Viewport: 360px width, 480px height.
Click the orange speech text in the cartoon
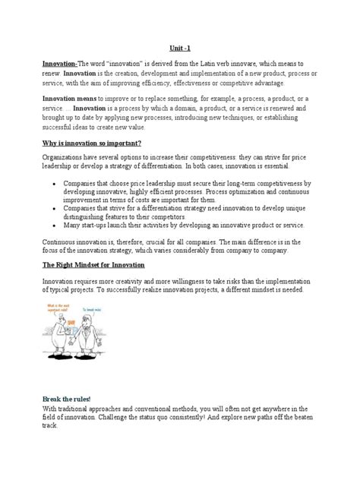[x=58, y=308]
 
